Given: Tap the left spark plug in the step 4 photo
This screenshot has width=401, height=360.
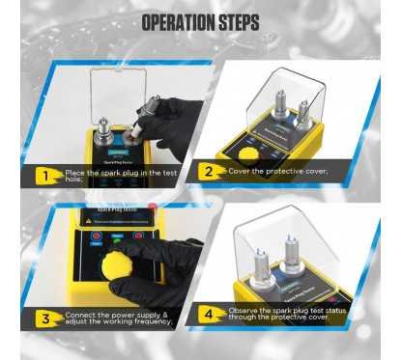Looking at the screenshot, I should click(x=260, y=261).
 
